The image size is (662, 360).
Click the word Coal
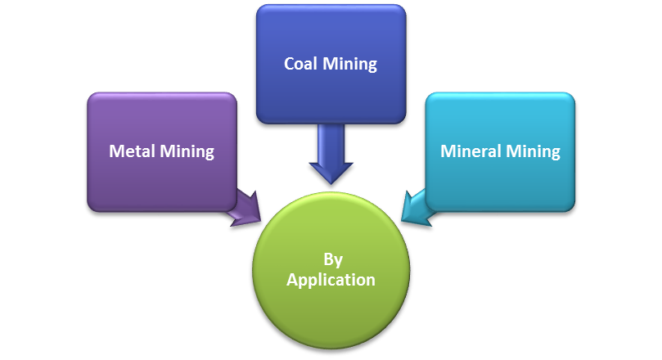coord(299,64)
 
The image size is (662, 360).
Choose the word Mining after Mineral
coord(533,152)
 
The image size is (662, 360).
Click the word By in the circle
coord(332,261)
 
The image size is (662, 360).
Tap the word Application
coord(331,281)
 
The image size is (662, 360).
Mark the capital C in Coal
coord(290,64)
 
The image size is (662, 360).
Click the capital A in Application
coord(292,279)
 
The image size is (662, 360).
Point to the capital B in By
coord(327,259)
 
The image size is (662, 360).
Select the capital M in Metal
coord(116,151)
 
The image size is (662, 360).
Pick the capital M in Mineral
coord(448,151)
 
